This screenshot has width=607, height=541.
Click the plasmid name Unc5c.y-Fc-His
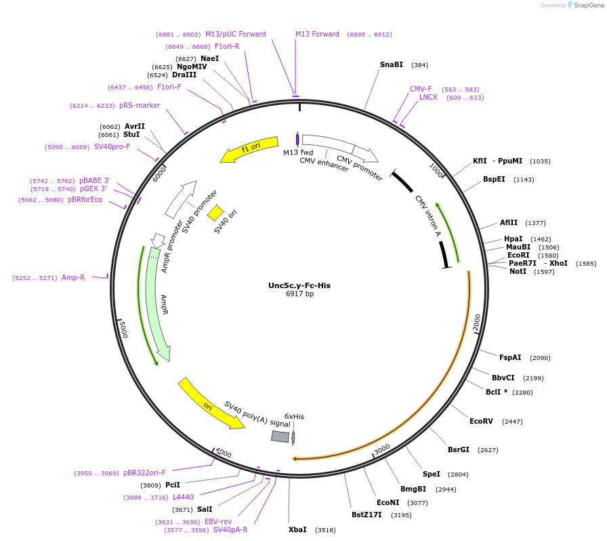point(299,285)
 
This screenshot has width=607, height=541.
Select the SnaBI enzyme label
point(392,65)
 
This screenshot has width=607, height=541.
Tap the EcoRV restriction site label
point(481,422)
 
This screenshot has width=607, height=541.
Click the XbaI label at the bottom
point(297,529)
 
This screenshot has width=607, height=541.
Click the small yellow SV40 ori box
point(215,213)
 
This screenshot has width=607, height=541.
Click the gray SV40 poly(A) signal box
point(280,437)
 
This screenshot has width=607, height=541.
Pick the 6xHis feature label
point(294,416)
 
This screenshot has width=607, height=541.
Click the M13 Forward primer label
point(317,35)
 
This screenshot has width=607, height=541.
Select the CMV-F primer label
point(421,89)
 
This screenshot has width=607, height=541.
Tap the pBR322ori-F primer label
point(144,473)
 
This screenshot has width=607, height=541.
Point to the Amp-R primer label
point(73,277)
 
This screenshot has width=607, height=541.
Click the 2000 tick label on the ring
point(477,321)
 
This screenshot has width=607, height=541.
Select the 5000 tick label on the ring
point(123,330)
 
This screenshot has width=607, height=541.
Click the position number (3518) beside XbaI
point(326,530)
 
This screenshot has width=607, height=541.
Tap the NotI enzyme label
point(518,271)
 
